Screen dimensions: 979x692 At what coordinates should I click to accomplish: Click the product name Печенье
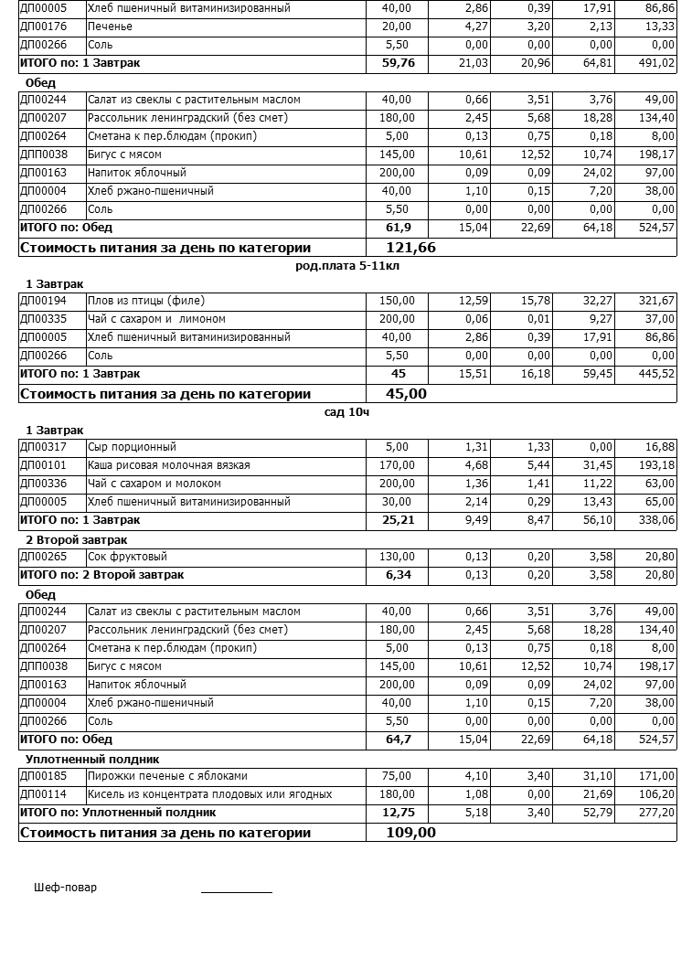click(110, 27)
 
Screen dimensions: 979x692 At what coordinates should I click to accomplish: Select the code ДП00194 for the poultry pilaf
click(43, 301)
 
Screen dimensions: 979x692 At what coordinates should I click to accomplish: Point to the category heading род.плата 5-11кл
click(347, 266)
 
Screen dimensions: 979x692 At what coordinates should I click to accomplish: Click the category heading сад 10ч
click(346, 412)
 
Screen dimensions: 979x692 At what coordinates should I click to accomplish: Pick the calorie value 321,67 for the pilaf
click(657, 301)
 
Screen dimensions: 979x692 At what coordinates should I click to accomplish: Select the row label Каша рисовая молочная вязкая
click(168, 465)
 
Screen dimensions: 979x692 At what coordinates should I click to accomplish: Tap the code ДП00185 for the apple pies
click(43, 776)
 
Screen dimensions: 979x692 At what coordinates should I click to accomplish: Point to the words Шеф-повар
click(65, 888)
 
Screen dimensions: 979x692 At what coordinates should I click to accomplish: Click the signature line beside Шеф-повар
click(236, 889)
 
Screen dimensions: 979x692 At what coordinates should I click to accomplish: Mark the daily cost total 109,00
click(411, 833)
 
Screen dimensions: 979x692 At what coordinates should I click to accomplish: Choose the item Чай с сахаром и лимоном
click(156, 319)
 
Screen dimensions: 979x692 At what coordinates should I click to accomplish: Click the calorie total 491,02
click(657, 63)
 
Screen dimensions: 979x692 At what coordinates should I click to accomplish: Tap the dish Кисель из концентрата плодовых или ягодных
click(209, 794)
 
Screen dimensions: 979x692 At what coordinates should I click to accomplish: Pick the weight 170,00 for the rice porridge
click(396, 465)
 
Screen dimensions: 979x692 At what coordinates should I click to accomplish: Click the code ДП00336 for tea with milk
click(43, 484)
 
